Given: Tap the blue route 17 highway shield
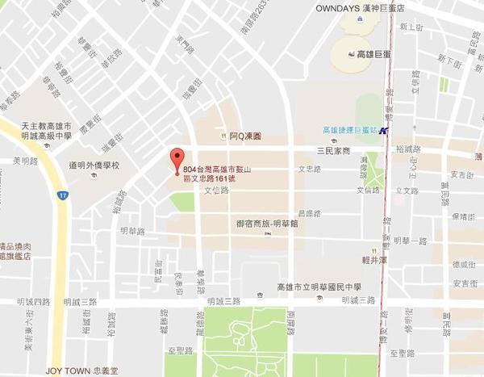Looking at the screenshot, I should click(x=61, y=195).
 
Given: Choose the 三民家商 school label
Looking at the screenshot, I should click(x=333, y=151).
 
